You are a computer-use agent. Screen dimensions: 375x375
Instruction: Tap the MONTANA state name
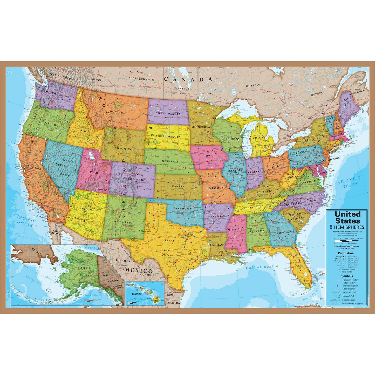pos(117,113)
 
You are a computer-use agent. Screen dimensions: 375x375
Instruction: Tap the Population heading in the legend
pos(345,253)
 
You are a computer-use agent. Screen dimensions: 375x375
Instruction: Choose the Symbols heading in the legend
pos(346,276)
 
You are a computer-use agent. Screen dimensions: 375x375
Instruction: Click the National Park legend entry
pos(349,296)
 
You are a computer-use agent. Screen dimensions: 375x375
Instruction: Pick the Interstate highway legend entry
pos(350,286)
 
